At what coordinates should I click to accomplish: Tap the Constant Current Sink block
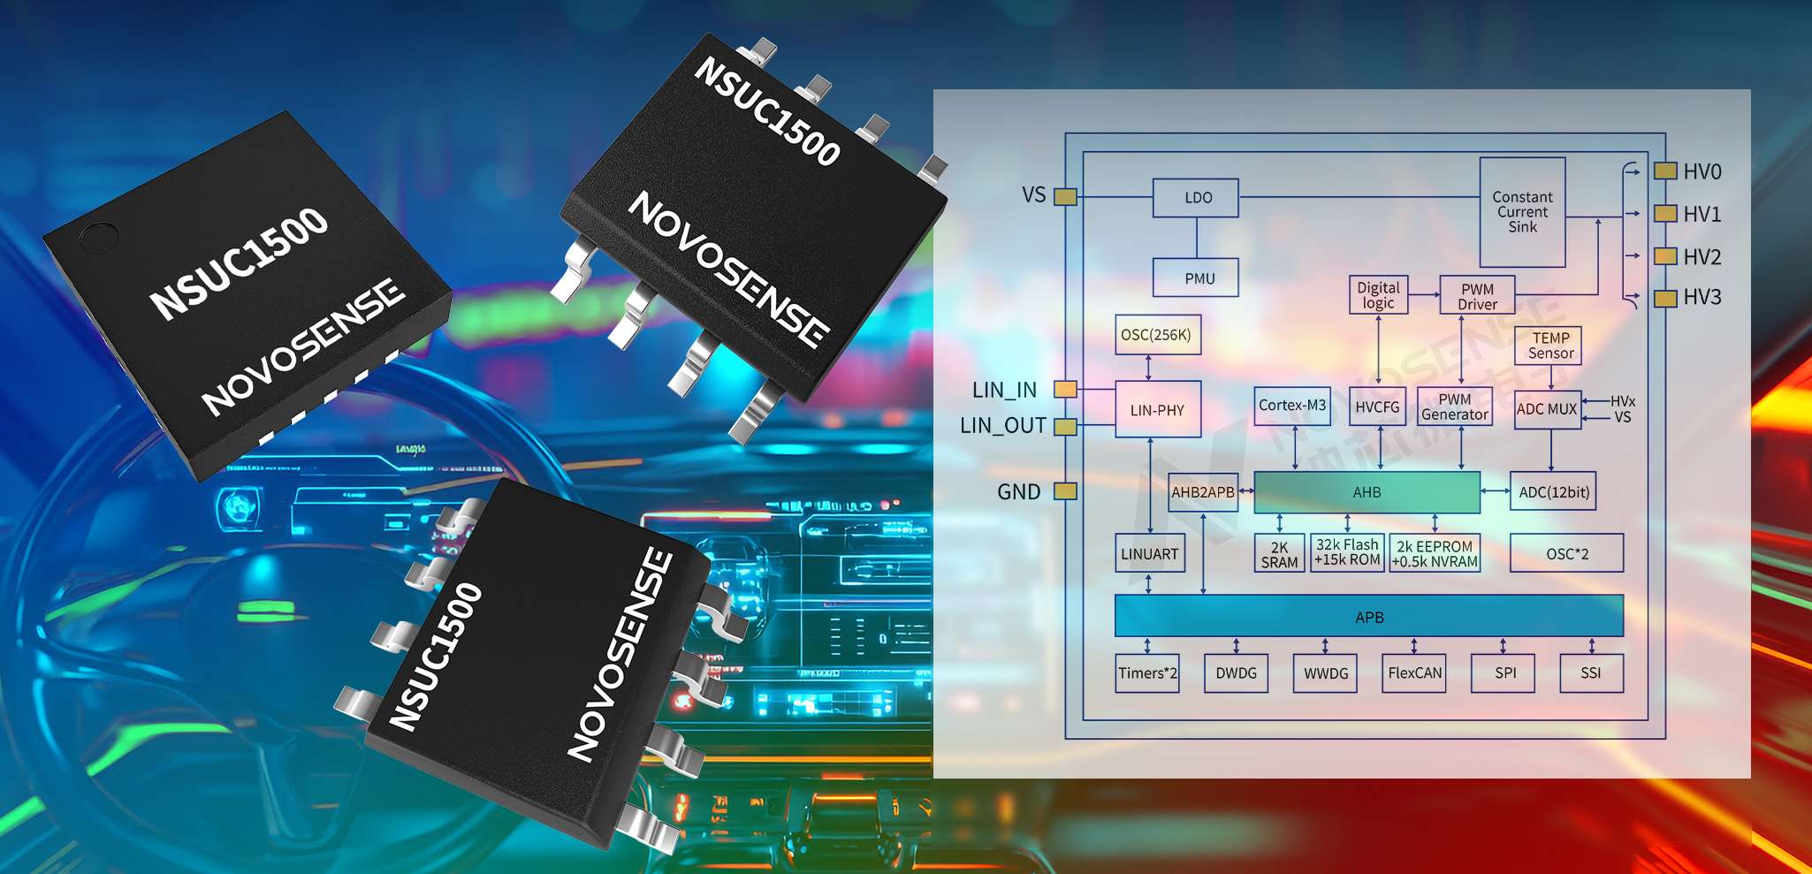tap(1522, 212)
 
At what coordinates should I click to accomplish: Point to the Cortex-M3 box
tap(1292, 406)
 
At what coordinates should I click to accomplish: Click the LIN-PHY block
tap(1158, 409)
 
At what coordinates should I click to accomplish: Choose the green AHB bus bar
tap(1367, 492)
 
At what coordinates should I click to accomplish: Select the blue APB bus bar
tap(1368, 616)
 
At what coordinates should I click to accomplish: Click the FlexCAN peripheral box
tap(1414, 673)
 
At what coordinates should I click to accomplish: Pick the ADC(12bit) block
tap(1553, 492)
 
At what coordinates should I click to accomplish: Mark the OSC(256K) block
tap(1157, 335)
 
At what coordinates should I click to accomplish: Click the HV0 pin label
tap(1702, 171)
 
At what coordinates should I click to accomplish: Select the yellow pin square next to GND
tap(1066, 491)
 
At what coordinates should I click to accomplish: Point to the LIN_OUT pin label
tap(1003, 426)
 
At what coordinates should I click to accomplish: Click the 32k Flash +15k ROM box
tap(1347, 552)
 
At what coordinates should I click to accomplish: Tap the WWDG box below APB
tap(1325, 673)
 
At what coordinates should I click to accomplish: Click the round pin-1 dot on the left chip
tap(98, 237)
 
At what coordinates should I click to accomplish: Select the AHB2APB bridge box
tap(1202, 492)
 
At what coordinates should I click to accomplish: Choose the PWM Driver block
tap(1477, 296)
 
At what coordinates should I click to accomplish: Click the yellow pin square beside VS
tap(1066, 196)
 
